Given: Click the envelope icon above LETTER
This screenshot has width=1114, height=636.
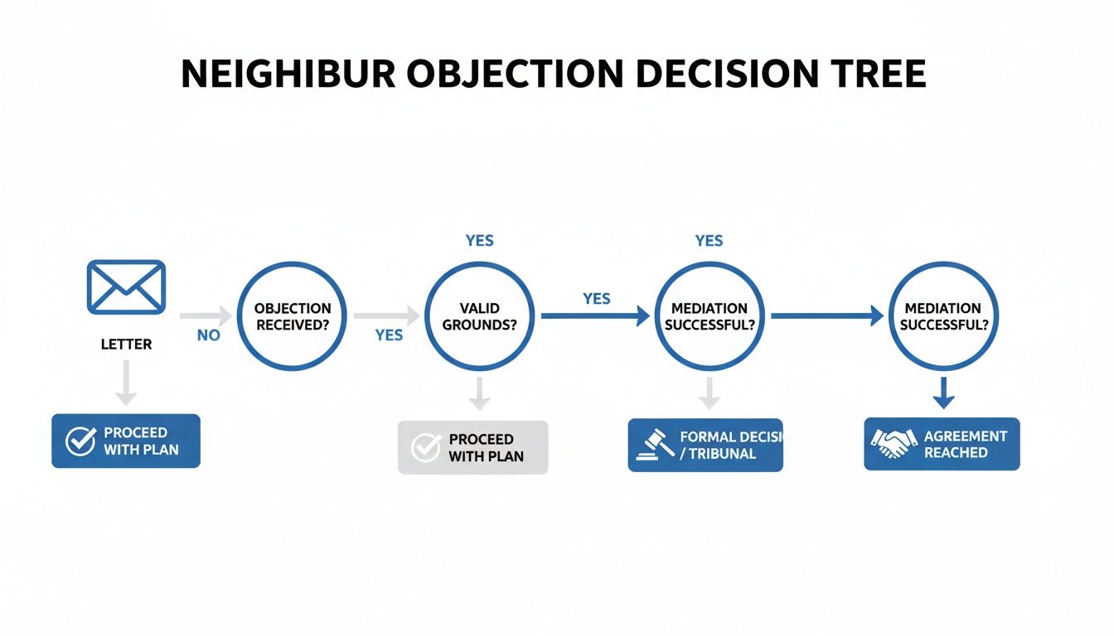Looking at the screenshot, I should pyautogui.click(x=126, y=287).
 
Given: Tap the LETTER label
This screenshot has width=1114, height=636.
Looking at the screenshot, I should pyautogui.click(x=126, y=344).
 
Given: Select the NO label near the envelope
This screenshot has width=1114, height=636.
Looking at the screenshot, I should pyautogui.click(x=208, y=335).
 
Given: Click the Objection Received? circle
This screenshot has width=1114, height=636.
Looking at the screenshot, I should pyautogui.click(x=293, y=316).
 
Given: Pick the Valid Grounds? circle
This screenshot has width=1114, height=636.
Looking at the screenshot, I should pyautogui.click(x=479, y=316).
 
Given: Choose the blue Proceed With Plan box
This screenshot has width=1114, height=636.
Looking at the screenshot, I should pyautogui.click(x=126, y=441).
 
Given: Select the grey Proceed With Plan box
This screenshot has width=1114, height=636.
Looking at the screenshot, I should pyautogui.click(x=472, y=447).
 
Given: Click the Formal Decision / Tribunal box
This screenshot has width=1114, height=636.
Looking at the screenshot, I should pyautogui.click(x=705, y=445).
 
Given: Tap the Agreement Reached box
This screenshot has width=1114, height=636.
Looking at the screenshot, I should pyautogui.click(x=942, y=444).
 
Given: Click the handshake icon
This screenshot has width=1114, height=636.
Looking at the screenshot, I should pyautogui.click(x=894, y=444).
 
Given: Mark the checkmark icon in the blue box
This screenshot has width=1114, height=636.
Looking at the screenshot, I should pyautogui.click(x=80, y=441).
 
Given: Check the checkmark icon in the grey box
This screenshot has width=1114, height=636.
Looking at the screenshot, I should pyautogui.click(x=425, y=447).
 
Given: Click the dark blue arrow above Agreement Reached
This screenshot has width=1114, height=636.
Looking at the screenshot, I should pyautogui.click(x=943, y=393).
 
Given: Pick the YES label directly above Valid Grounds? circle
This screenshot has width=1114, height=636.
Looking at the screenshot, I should pyautogui.click(x=479, y=241).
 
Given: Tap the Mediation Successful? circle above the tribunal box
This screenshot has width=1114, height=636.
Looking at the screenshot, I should pyautogui.click(x=710, y=316).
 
